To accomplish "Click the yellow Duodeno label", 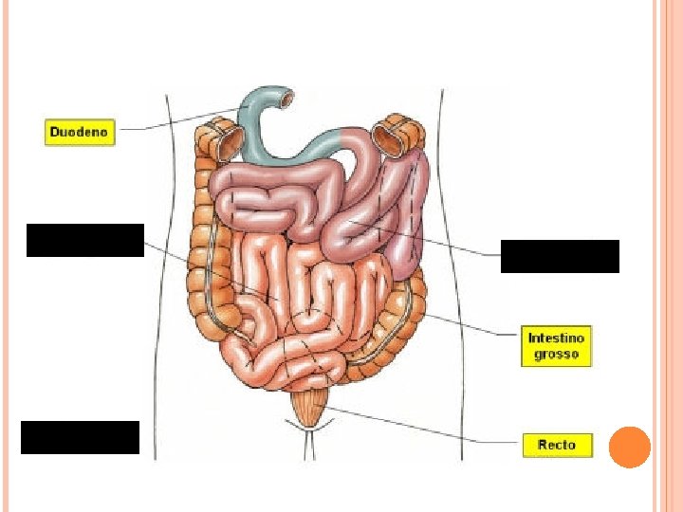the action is (80, 132).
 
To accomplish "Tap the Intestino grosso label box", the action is (557, 347).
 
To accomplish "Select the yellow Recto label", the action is (557, 444).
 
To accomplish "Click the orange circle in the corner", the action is (628, 447).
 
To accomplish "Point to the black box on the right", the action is (560, 256).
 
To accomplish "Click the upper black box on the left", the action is (85, 240).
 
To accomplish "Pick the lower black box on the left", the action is (80, 437).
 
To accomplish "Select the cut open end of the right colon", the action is (389, 138).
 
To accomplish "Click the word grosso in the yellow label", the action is (557, 356).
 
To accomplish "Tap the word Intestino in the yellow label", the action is (557, 338).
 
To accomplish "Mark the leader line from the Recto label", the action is (427, 427).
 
